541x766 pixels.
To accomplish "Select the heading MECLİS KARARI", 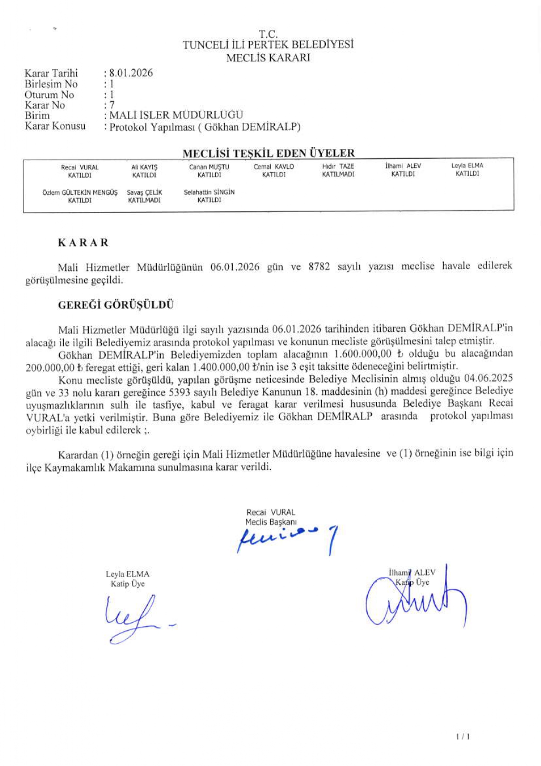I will (x=268, y=58).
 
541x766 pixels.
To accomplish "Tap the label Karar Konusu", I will (x=55, y=127).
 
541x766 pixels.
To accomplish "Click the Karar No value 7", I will (x=112, y=105).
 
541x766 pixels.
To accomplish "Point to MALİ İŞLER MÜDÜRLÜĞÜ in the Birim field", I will (x=176, y=115).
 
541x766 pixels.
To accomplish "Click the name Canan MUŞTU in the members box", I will (x=209, y=167).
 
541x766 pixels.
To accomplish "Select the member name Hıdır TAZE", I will (x=338, y=166).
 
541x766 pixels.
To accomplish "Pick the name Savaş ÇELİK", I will (x=144, y=192).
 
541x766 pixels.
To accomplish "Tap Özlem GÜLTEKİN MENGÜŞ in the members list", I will (x=80, y=192).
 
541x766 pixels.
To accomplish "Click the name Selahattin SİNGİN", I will (x=209, y=192).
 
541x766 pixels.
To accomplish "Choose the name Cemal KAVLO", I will (x=273, y=167).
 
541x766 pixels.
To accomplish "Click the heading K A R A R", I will (x=83, y=243).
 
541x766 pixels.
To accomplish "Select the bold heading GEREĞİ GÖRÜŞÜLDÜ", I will (x=116, y=305).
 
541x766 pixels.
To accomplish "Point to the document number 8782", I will (x=319, y=266).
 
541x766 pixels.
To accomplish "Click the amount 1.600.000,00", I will (x=362, y=354).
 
